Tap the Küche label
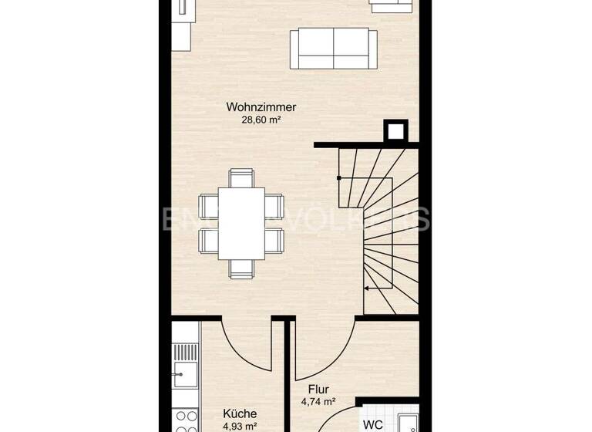pyautogui.click(x=240, y=413)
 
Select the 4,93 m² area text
pyautogui.click(x=240, y=426)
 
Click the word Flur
pyautogui.click(x=318, y=390)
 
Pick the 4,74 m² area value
pyautogui.click(x=318, y=402)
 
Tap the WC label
pyautogui.click(x=372, y=424)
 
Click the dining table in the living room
pyautogui.click(x=241, y=223)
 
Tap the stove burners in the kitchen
pyautogui.click(x=185, y=421)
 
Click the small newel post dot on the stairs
pyautogui.click(x=339, y=178)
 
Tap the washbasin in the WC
pyautogui.click(x=408, y=423)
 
